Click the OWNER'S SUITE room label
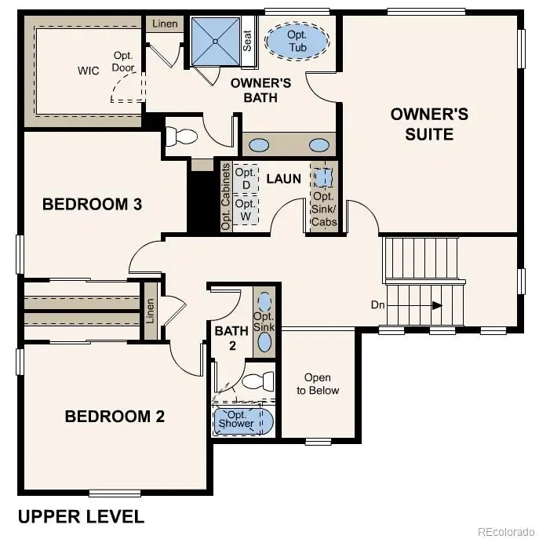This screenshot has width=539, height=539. pos(429,124)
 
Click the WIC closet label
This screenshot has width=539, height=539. pos(89,71)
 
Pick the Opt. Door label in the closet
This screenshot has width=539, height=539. pos(124,62)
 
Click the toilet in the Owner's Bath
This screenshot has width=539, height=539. pos(182,136)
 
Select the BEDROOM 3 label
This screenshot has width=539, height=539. pos(92,204)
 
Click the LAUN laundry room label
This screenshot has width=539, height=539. pos(283,179)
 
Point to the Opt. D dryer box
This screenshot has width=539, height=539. pos(246,179)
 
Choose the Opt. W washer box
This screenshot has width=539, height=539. pos(246,210)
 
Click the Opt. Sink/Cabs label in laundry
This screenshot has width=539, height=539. pos(324,209)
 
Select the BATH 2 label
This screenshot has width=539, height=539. pos(231,337)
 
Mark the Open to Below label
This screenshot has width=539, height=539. pos(318,384)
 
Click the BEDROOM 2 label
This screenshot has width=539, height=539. pos(115,416)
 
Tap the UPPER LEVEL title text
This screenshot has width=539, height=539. pos(81,516)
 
